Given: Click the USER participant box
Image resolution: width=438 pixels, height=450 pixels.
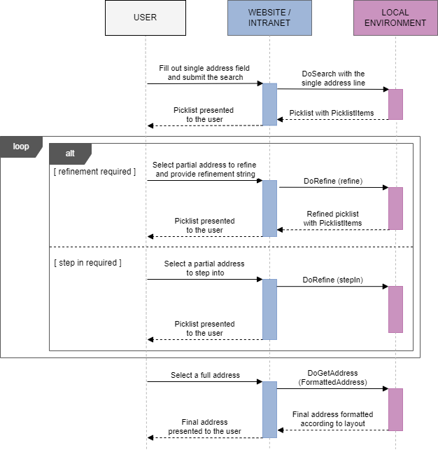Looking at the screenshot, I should point(145,18).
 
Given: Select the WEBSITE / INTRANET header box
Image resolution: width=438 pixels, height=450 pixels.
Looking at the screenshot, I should point(269,18).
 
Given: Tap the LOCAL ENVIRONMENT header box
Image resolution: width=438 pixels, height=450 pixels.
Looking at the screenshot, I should point(395,18).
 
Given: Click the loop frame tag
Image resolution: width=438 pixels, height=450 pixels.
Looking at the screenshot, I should point(21,146).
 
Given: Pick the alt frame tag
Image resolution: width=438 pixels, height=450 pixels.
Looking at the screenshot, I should point(70,153).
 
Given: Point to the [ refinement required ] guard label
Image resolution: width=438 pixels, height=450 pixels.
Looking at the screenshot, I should point(94,172).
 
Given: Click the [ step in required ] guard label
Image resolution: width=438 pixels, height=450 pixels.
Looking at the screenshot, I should point(87,263).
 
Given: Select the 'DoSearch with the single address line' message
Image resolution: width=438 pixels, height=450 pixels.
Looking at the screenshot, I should point(333,79).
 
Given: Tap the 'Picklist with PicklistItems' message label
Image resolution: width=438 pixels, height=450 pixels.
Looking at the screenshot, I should point(332,113).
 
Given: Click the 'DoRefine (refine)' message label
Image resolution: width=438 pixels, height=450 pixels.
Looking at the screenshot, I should point(333,181).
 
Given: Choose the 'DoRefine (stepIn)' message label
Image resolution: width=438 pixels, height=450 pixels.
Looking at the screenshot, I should point(332,280).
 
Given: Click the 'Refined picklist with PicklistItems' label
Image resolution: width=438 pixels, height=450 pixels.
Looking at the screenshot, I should point(333,219).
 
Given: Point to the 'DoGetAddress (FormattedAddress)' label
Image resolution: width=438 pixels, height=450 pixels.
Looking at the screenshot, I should point(332,378).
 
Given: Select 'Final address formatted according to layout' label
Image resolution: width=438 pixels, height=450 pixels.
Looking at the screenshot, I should point(332,419).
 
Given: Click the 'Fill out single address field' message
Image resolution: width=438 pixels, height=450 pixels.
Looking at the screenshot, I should point(204,73).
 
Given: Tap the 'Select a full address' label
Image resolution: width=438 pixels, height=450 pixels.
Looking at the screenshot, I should point(205,376).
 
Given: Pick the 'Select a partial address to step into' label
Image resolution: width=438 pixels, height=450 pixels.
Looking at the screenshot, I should point(204,268).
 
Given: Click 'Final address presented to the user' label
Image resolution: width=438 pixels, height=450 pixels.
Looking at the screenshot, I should point(204,427).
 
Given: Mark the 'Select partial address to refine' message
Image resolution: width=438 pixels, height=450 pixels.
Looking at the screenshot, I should point(204,170).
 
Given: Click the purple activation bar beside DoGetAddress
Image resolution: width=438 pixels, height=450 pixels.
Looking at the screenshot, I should point(395,409).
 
